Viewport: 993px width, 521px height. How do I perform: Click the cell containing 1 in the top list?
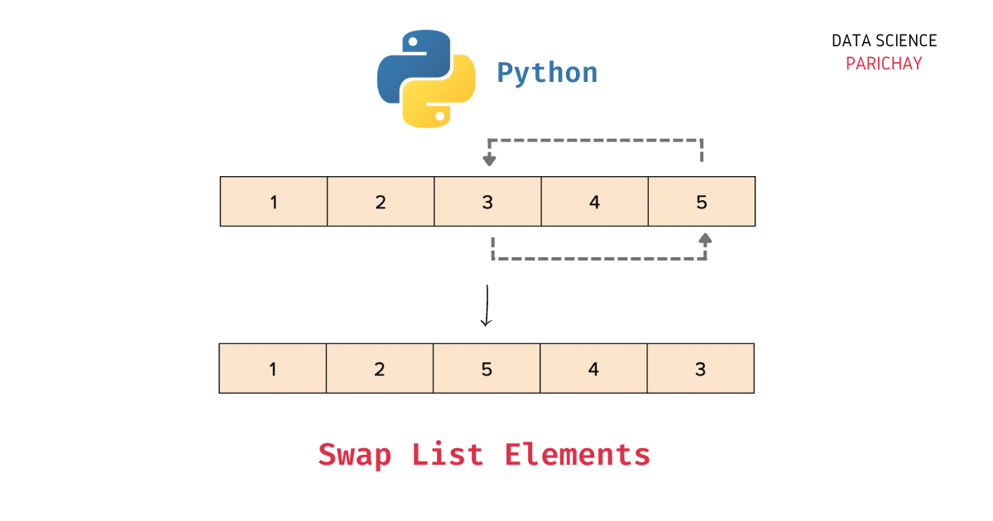(x=274, y=201)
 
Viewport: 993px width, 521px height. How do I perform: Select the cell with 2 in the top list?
(x=381, y=201)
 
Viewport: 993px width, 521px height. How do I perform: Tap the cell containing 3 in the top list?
(x=487, y=201)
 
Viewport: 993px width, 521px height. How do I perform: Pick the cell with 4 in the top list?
(x=594, y=201)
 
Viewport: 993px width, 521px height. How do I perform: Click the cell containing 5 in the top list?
(x=702, y=201)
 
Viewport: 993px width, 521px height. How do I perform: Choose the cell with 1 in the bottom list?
(x=273, y=368)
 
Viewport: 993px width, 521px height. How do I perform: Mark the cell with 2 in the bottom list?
(x=380, y=368)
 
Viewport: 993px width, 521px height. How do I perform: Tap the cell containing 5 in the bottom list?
(x=487, y=368)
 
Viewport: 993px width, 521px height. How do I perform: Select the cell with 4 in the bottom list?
(x=593, y=368)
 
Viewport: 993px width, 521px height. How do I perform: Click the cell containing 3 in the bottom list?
(x=700, y=368)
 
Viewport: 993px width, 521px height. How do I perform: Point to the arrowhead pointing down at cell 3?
(x=490, y=160)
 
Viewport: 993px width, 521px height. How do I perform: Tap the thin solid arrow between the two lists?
(x=487, y=306)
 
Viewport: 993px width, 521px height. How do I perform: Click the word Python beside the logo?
(x=547, y=73)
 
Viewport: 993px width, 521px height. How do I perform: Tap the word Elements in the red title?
(x=578, y=455)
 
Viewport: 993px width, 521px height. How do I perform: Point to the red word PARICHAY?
(x=884, y=64)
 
